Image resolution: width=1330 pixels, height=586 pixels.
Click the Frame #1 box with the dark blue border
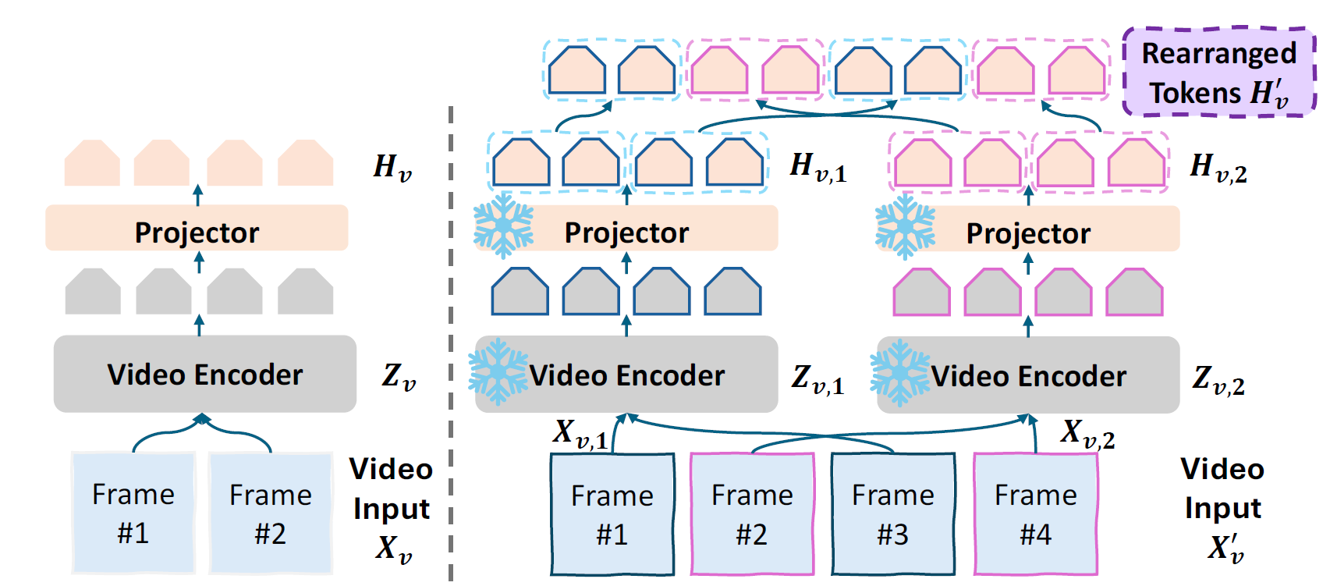612,514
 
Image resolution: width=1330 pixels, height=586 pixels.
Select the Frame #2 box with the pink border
752,514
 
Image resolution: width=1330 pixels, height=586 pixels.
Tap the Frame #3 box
893,514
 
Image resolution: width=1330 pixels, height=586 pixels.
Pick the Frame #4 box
1036,514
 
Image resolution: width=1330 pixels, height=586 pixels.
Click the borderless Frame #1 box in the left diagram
133,513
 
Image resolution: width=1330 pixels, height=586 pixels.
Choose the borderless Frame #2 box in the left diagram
271,513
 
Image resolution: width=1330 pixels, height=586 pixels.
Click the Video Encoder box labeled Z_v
204,374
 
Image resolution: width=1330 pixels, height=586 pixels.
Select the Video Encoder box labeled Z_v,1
626,375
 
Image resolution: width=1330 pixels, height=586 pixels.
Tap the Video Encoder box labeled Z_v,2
1028,375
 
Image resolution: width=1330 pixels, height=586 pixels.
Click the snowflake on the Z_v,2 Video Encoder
899,373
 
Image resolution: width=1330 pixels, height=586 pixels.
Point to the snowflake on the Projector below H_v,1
504,226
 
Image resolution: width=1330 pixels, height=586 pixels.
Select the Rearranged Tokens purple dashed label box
1218,73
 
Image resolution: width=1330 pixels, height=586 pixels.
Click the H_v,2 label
1218,168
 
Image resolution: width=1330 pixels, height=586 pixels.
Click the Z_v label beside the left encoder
399,377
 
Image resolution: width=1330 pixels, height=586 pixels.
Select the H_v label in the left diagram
392,168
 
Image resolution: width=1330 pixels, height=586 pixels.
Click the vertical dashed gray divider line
451,343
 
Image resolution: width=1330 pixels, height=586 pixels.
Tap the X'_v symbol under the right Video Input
1225,548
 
